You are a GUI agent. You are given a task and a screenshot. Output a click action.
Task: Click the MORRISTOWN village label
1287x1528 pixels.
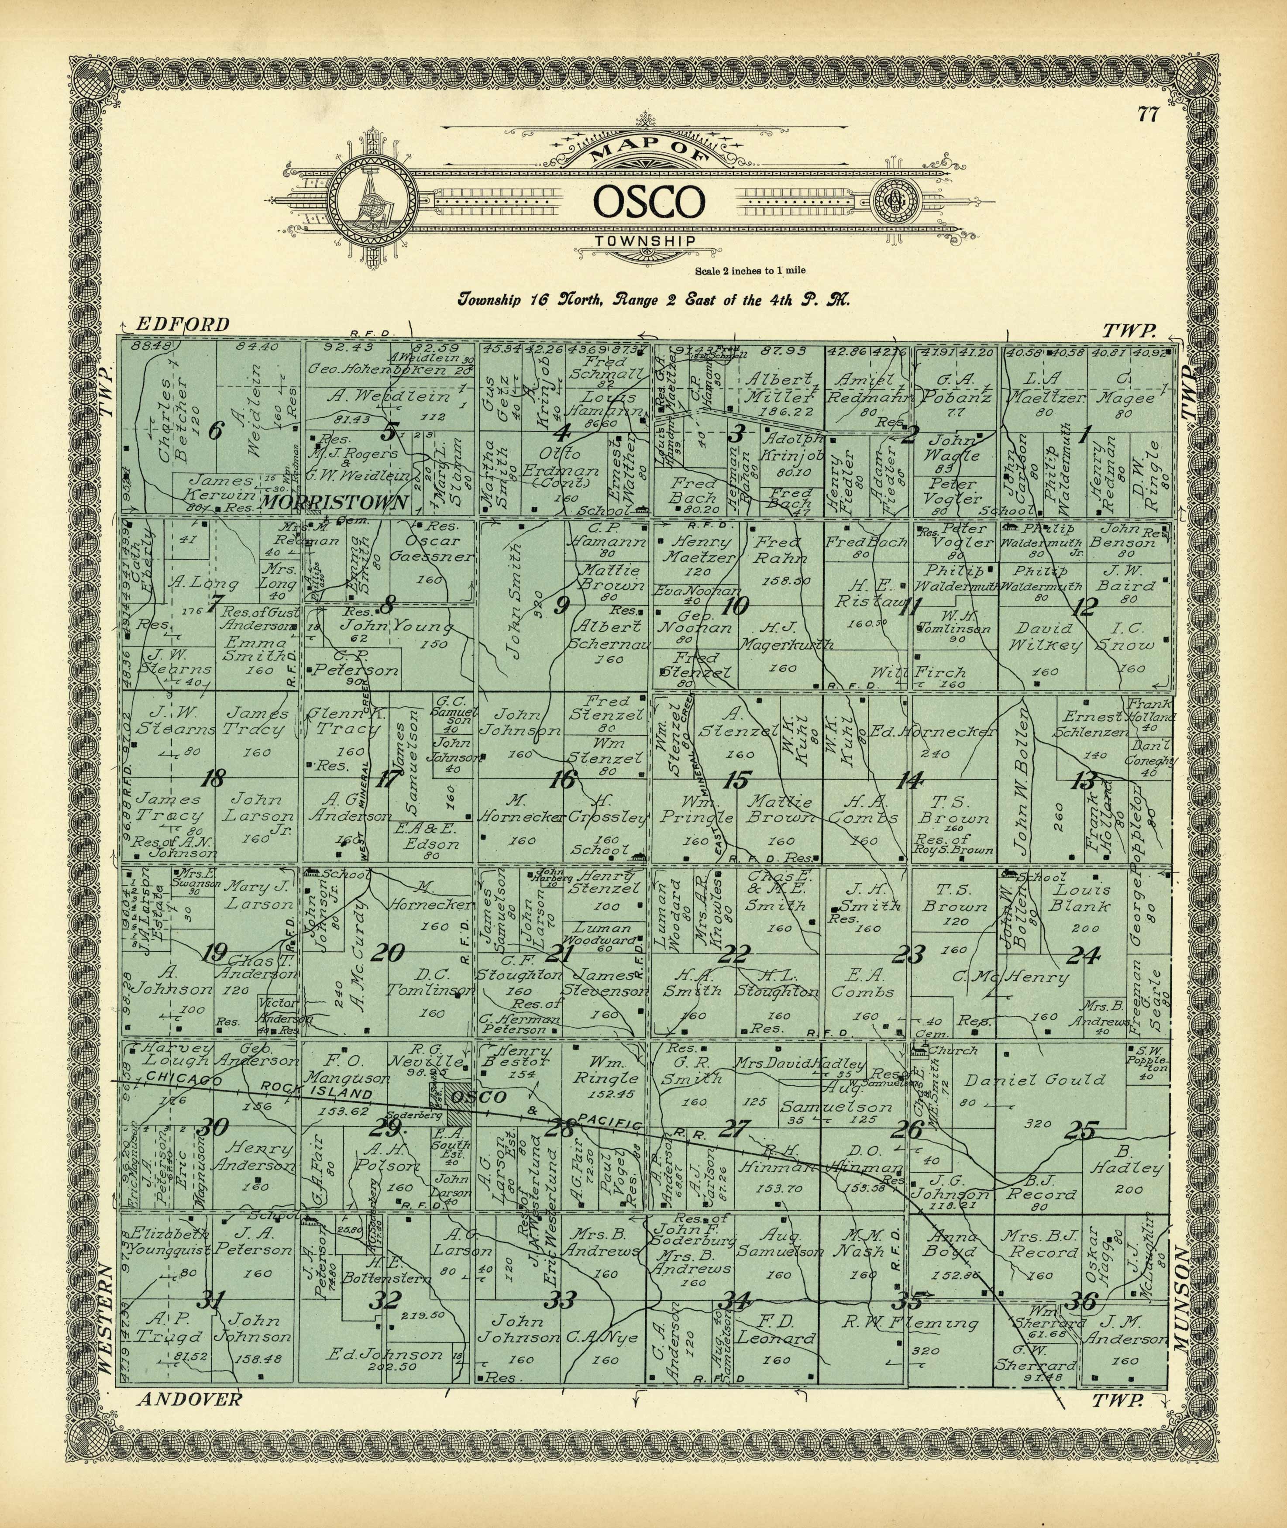coord(334,502)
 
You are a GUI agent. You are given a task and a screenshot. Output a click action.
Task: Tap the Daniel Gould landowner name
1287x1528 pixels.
coord(1035,1080)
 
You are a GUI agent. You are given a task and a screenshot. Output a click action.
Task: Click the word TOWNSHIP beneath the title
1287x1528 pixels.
coord(644,241)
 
